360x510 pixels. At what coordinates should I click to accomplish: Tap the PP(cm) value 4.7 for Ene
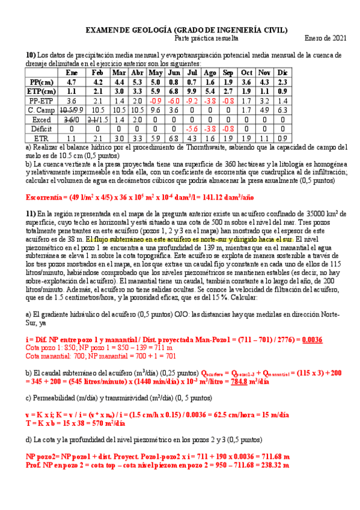pyautogui.click(x=72, y=82)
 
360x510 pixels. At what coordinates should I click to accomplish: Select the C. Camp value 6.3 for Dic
pyautogui.click(x=283, y=110)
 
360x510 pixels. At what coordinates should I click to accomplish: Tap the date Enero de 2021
pyautogui.click(x=325, y=38)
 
